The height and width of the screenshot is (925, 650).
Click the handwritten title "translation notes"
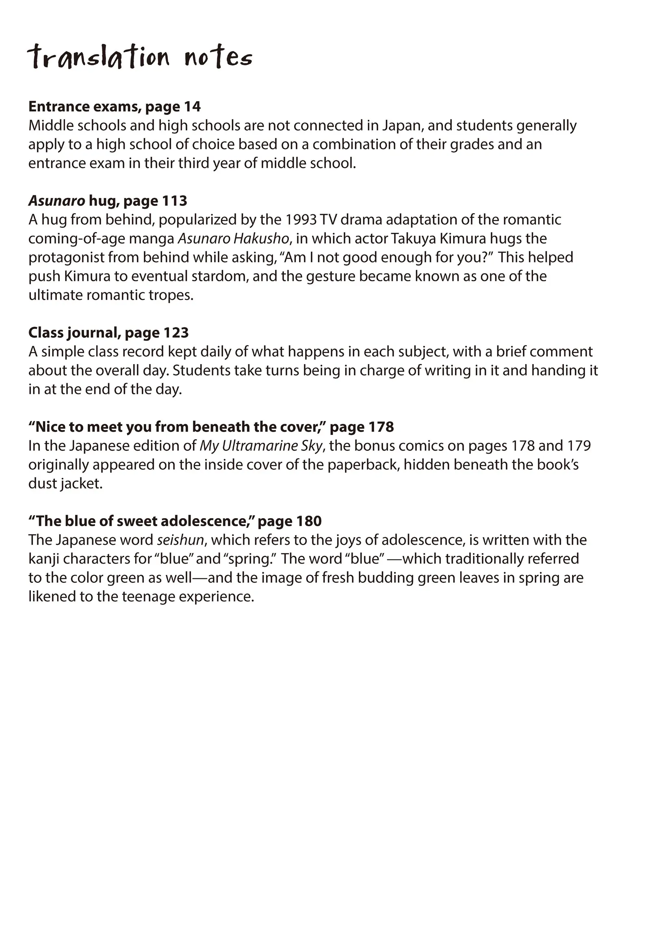tap(140, 57)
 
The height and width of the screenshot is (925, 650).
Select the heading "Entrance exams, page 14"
tap(115, 106)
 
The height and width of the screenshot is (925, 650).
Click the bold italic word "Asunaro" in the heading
tap(57, 201)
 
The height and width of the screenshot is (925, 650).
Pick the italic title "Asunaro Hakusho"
tap(234, 238)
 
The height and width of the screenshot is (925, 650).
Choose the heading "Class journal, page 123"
tap(108, 333)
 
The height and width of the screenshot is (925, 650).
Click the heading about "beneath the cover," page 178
tap(211, 427)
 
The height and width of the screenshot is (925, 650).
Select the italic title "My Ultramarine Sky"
tap(261, 446)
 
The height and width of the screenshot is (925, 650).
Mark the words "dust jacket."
tap(65, 484)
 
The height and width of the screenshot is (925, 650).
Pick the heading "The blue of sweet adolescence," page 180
tap(175, 521)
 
